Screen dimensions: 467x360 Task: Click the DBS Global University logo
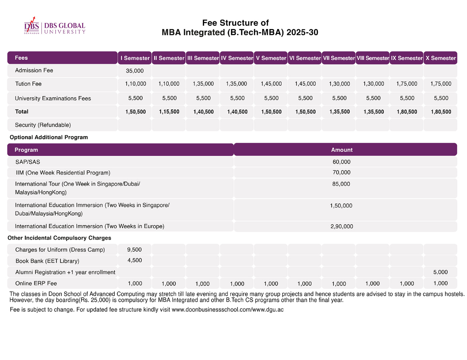coord(55,26)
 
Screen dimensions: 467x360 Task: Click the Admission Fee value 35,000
coord(134,71)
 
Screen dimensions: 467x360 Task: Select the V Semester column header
coord(271,58)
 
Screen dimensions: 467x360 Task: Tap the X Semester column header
coord(441,58)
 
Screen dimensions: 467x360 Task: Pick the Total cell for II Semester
coord(169,112)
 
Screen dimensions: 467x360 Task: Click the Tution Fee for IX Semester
coord(407,84)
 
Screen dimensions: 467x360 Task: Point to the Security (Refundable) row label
coord(43,125)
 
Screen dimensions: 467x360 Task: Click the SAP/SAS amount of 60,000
coord(341,162)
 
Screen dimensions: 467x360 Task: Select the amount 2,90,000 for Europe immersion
coord(342,226)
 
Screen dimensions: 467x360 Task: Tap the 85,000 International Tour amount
coord(341,184)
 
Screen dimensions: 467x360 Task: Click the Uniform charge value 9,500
coord(134,250)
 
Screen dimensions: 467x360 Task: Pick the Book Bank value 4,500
coord(134,260)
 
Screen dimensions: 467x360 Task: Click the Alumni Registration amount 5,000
coord(440,272)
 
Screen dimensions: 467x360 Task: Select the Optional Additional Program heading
coord(49,137)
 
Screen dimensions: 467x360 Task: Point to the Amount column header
coord(342,150)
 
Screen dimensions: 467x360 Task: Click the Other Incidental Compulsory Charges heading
coord(59,238)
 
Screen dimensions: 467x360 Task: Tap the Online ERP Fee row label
coord(36,283)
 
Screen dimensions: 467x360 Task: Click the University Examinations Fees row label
coord(53,98)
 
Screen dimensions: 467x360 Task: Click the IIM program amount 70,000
coord(341,172)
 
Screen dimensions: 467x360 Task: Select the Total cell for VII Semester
coord(339,112)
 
